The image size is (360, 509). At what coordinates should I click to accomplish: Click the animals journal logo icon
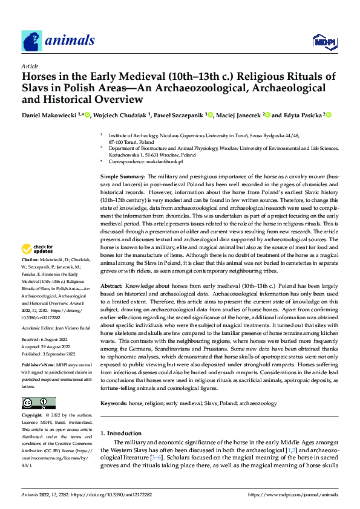click(31, 41)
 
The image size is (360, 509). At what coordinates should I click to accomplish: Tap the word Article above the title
click(29, 66)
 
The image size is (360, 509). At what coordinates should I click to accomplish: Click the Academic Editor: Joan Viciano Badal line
click(56, 326)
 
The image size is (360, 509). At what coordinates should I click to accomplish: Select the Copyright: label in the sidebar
click(32, 417)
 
